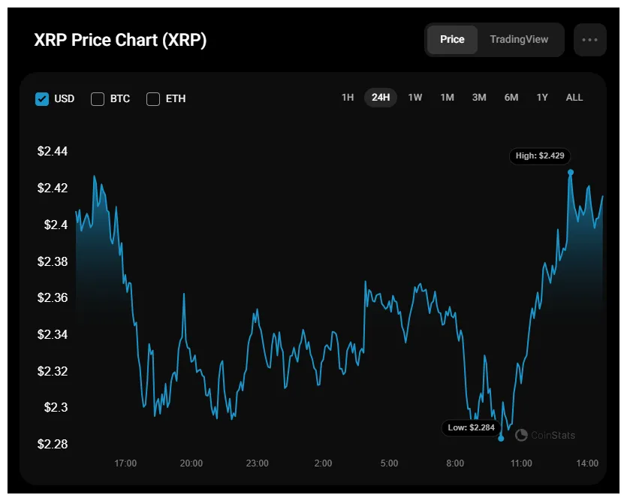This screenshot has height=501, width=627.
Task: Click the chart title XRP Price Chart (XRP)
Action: (x=120, y=41)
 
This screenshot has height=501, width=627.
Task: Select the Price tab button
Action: (x=452, y=40)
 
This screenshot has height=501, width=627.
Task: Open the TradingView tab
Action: (x=519, y=40)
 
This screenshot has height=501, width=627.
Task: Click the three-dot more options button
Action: (x=589, y=40)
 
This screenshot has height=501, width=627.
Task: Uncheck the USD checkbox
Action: (x=43, y=98)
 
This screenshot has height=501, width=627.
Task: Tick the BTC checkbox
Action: (x=98, y=98)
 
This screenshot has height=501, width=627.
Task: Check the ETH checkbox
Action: (x=153, y=98)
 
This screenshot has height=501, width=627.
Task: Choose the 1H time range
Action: (x=348, y=98)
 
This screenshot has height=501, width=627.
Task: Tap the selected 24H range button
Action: (x=381, y=98)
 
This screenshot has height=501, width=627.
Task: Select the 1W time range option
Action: (x=415, y=98)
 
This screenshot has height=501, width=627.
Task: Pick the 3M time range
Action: (x=479, y=98)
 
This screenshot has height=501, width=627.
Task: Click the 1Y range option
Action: (x=542, y=98)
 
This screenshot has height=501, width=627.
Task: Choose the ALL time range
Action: (x=574, y=98)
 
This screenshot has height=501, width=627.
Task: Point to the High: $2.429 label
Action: (x=540, y=156)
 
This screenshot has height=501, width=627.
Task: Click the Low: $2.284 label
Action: (x=471, y=427)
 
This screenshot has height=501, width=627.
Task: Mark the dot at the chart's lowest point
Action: (x=501, y=438)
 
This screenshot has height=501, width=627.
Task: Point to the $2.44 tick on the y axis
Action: (x=53, y=152)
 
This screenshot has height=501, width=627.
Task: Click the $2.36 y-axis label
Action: (x=53, y=298)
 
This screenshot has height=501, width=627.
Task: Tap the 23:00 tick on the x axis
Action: (x=257, y=463)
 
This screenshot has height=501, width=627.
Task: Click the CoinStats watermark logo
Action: (x=521, y=435)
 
